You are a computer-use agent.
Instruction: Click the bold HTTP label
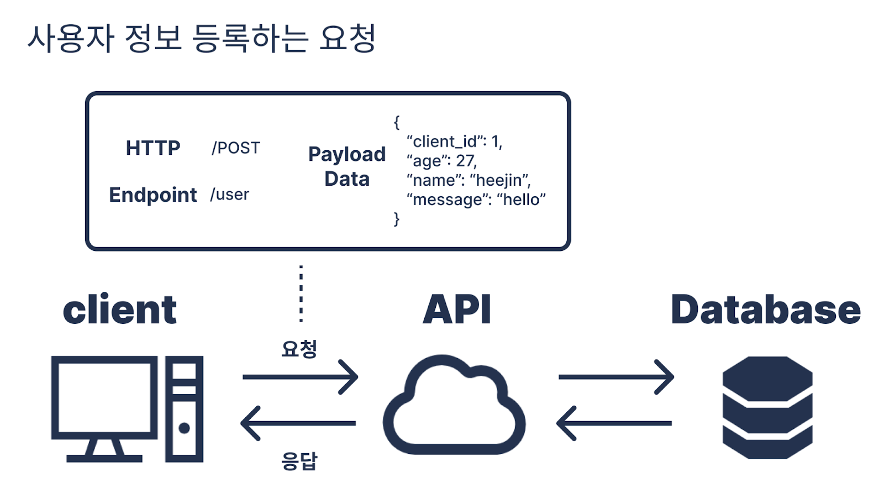153,148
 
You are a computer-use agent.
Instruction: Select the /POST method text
235,148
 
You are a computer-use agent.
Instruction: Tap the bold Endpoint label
152,195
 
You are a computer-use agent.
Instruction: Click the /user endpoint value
229,195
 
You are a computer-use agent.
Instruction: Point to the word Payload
347,155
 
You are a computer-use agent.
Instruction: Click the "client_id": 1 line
454,141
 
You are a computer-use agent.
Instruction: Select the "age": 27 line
441,161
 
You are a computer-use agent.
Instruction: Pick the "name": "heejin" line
469,180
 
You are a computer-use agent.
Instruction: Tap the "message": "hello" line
476,200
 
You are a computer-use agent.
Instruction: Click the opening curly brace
397,122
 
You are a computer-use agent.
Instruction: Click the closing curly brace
397,219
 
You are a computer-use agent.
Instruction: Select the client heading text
119,309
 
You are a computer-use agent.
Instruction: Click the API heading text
456,309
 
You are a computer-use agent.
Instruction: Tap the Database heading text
766,309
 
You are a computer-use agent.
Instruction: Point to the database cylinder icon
767,407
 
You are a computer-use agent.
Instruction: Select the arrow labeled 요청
301,377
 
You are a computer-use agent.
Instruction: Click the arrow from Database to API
614,423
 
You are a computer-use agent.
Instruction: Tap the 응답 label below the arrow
299,460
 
